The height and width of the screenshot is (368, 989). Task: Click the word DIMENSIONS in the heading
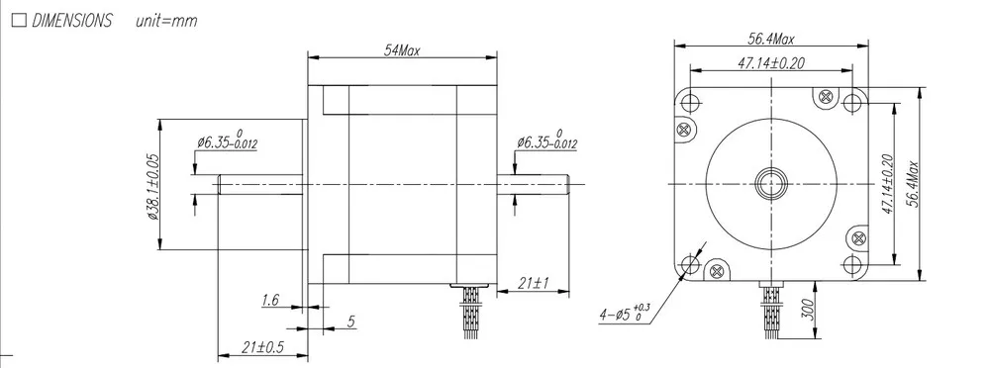click(x=71, y=21)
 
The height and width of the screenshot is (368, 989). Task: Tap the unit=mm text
click(x=166, y=21)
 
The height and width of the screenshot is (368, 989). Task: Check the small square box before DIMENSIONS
click(x=19, y=21)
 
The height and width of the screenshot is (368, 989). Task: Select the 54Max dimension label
click(x=402, y=50)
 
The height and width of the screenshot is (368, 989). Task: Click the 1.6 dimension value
click(x=270, y=301)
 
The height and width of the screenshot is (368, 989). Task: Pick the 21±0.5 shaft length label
click(x=262, y=347)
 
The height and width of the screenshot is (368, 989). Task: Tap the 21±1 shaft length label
click(x=533, y=284)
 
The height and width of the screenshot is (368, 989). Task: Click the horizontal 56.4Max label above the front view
click(x=771, y=39)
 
